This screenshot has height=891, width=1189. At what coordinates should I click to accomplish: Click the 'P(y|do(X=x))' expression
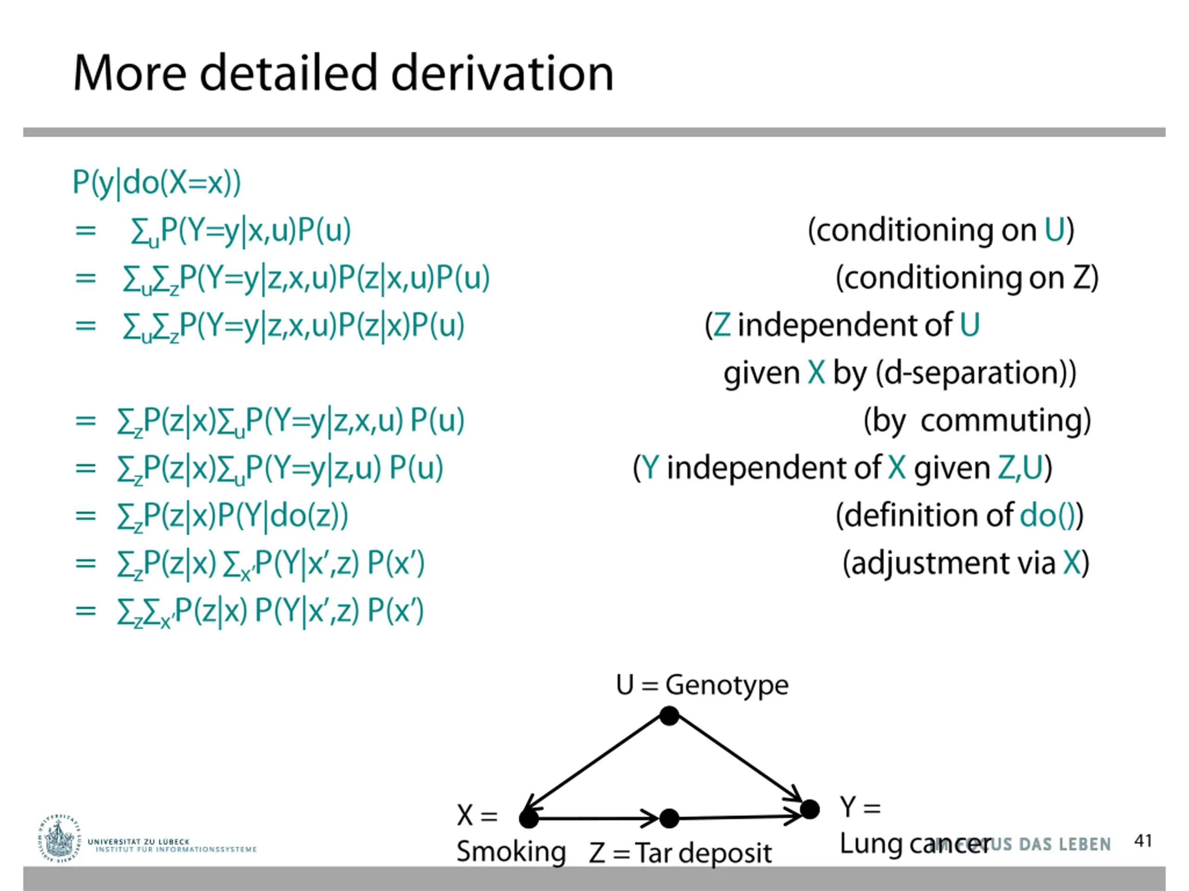pos(157,183)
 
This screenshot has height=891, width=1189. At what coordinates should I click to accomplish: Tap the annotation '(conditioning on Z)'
pos(967,278)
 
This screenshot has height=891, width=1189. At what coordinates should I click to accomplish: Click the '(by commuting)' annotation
pos(977,421)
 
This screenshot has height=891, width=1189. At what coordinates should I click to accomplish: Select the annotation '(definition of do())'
pos(959,516)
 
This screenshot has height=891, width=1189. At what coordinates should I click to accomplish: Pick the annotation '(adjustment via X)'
pos(966,563)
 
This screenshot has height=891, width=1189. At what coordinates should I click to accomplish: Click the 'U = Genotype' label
pos(702,685)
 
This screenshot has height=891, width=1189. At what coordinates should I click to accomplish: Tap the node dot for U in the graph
pos(669,716)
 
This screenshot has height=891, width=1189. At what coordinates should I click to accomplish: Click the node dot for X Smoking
pos(529,819)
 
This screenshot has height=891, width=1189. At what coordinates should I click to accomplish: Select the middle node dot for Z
pos(669,819)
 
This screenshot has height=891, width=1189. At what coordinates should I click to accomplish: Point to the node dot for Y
pos(810,809)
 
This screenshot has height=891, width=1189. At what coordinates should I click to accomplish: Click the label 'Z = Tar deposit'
pos(680,853)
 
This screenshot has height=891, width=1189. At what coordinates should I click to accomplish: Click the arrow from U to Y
pos(739,762)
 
